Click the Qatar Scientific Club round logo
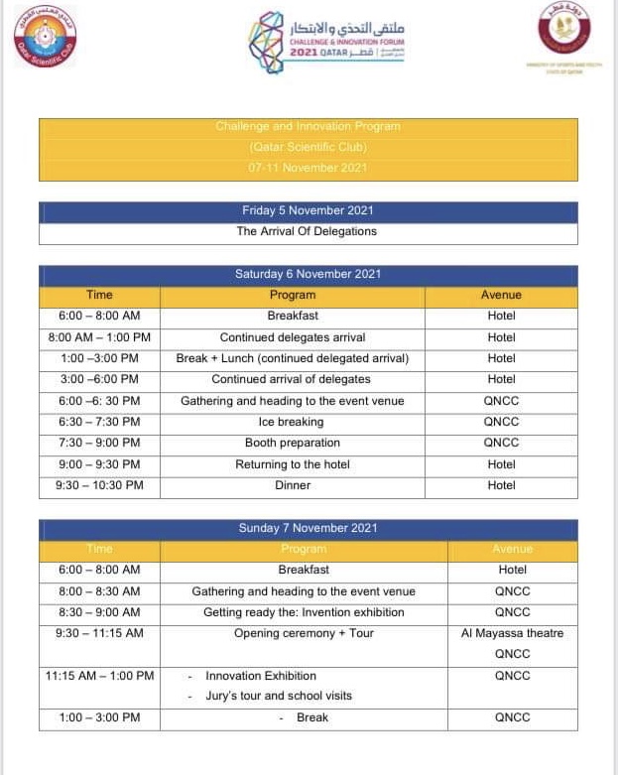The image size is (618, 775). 45,35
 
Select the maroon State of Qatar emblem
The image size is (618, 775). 562,27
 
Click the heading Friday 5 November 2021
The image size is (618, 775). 308,211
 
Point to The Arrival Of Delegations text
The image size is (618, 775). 307,232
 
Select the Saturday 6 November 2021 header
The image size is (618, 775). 308,274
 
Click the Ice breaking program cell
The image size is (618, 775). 292,422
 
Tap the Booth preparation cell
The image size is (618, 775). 292,443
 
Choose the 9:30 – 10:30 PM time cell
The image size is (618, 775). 99,485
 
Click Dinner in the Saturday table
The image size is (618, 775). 292,485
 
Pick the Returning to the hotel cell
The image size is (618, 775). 292,464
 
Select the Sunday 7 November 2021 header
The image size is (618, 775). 308,528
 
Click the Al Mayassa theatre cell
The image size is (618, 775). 512,633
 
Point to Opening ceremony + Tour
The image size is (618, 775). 304,633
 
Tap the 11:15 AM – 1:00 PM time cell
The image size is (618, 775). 99,676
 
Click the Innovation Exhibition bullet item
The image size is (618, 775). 261,676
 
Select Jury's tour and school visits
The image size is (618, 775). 278,696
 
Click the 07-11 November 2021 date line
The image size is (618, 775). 308,168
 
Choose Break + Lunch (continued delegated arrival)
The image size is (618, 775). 292,358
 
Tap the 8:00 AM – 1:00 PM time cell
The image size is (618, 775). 99,337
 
